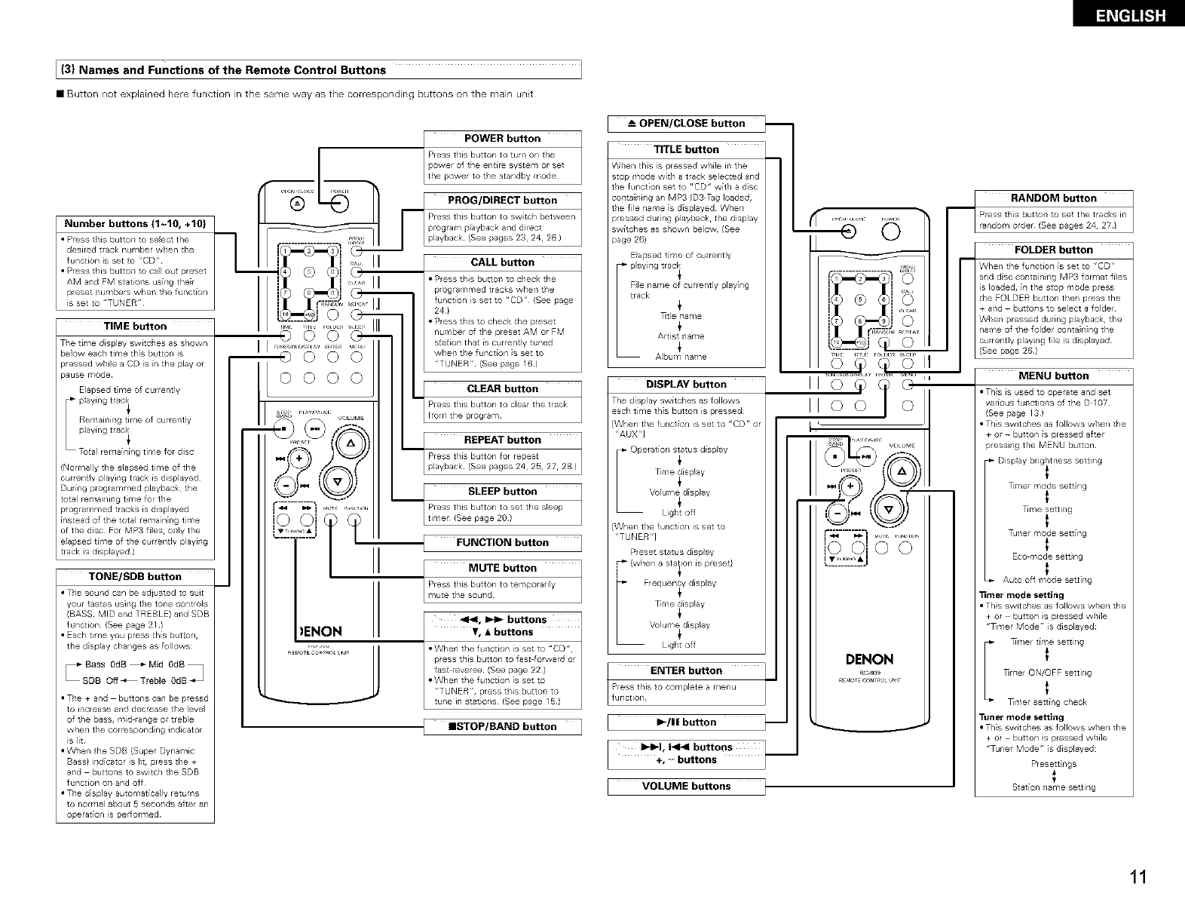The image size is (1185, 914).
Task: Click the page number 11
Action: pos(1138,877)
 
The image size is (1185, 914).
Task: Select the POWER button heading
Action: pos(502,139)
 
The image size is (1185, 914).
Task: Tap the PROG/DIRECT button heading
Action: pos(502,201)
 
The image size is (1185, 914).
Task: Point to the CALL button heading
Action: pos(502,262)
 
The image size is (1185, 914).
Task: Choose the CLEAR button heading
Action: pos(502,389)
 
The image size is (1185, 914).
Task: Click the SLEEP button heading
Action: pos(502,492)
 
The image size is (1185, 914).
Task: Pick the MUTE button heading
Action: pos(502,569)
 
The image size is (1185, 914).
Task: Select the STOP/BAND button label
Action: pos(502,727)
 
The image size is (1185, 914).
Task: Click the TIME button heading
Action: pos(135,327)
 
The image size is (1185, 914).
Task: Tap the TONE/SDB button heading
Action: pos(135,577)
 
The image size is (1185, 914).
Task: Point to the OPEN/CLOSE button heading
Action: pos(686,124)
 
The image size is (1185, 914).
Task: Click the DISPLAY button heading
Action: pos(686,385)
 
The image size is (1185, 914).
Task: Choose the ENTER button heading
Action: pos(686,671)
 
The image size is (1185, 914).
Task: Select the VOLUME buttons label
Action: pos(686,787)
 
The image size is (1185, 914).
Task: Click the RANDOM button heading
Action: pos(1053,198)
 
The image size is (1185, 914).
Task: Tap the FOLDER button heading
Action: pos(1053,250)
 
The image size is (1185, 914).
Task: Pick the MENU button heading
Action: pos(1053,376)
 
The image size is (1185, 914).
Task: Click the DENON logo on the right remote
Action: pos(870,660)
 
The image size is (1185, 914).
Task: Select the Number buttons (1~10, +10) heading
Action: pos(135,224)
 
